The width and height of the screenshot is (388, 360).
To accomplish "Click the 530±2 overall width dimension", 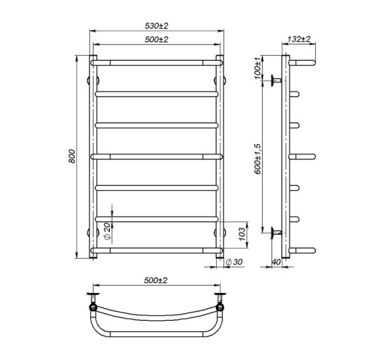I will pos(157,26).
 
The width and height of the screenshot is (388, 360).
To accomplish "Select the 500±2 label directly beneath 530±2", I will pos(157,40).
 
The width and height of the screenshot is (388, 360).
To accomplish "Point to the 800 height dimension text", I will pos(71,159).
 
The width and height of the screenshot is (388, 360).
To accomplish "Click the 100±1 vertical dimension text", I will pos(257,66).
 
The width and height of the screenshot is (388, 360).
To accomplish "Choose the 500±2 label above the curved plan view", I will pos(157,280).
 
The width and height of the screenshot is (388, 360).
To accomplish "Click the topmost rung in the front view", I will pos(157,62).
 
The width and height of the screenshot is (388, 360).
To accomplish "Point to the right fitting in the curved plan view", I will pos(222,305).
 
